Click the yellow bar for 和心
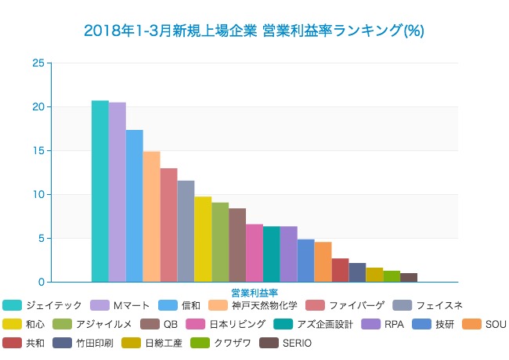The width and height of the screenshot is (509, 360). (x=203, y=239)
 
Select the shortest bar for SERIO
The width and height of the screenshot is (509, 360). (x=409, y=277)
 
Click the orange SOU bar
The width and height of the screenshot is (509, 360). (x=323, y=261)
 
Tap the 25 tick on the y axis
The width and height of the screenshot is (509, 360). (x=38, y=63)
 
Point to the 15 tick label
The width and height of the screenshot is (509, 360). (x=38, y=151)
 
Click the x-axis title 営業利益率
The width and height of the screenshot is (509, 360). (x=254, y=293)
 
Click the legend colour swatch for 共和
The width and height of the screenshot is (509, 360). (x=12, y=343)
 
